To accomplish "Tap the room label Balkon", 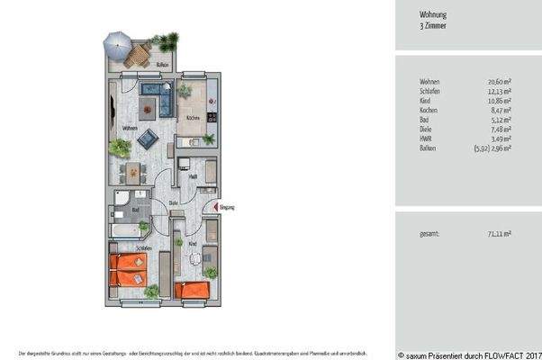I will click(162, 67).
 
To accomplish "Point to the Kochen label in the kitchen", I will click(193, 118).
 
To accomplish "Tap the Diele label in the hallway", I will click(173, 203).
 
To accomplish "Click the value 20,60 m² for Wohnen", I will click(498, 82).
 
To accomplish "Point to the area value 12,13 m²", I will click(498, 91).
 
